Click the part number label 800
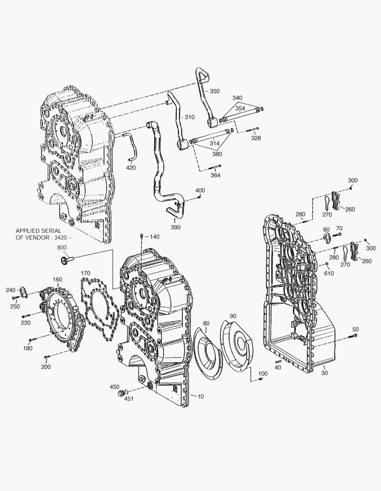(x=62, y=248)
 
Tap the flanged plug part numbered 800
(x=66, y=260)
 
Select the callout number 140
(x=154, y=237)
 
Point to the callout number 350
(x=215, y=91)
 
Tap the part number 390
(x=175, y=227)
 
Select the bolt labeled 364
(x=215, y=167)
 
